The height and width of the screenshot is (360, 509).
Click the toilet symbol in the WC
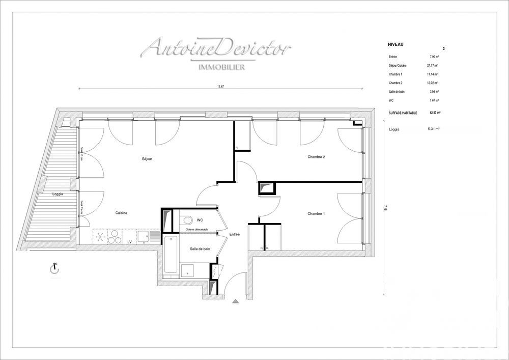pyautogui.click(x=187, y=220)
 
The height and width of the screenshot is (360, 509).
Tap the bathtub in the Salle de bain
pyautogui.click(x=170, y=255)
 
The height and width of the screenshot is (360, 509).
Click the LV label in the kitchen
pyautogui.click(x=130, y=242)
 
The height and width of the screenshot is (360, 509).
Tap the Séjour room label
pyautogui.click(x=147, y=159)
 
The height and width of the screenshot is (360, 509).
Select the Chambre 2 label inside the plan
pyautogui.click(x=316, y=157)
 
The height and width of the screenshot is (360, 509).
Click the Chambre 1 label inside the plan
pyautogui.click(x=316, y=213)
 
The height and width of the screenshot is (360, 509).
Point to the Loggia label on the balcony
pyautogui.click(x=58, y=195)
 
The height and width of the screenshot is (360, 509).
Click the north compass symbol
pyautogui.click(x=55, y=269)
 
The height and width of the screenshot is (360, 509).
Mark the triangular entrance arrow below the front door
pyautogui.click(x=235, y=301)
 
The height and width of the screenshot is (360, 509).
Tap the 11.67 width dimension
pyautogui.click(x=220, y=87)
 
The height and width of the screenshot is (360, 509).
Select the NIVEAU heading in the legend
pyautogui.click(x=395, y=45)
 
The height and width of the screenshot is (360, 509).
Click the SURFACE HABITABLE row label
pyautogui.click(x=403, y=113)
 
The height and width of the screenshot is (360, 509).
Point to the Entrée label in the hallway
pyautogui.click(x=234, y=234)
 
